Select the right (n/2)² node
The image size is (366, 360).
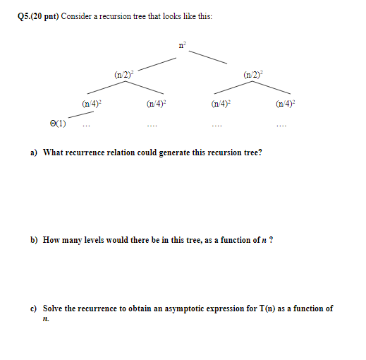(x=251, y=74)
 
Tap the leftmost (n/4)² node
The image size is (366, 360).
(x=92, y=104)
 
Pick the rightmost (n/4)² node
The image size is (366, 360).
(x=288, y=104)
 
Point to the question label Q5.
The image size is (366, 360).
(x=23, y=16)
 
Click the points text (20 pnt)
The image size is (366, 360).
(x=46, y=16)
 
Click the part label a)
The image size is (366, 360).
(x=33, y=152)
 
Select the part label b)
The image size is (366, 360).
(x=34, y=240)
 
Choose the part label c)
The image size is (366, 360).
(x=33, y=308)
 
